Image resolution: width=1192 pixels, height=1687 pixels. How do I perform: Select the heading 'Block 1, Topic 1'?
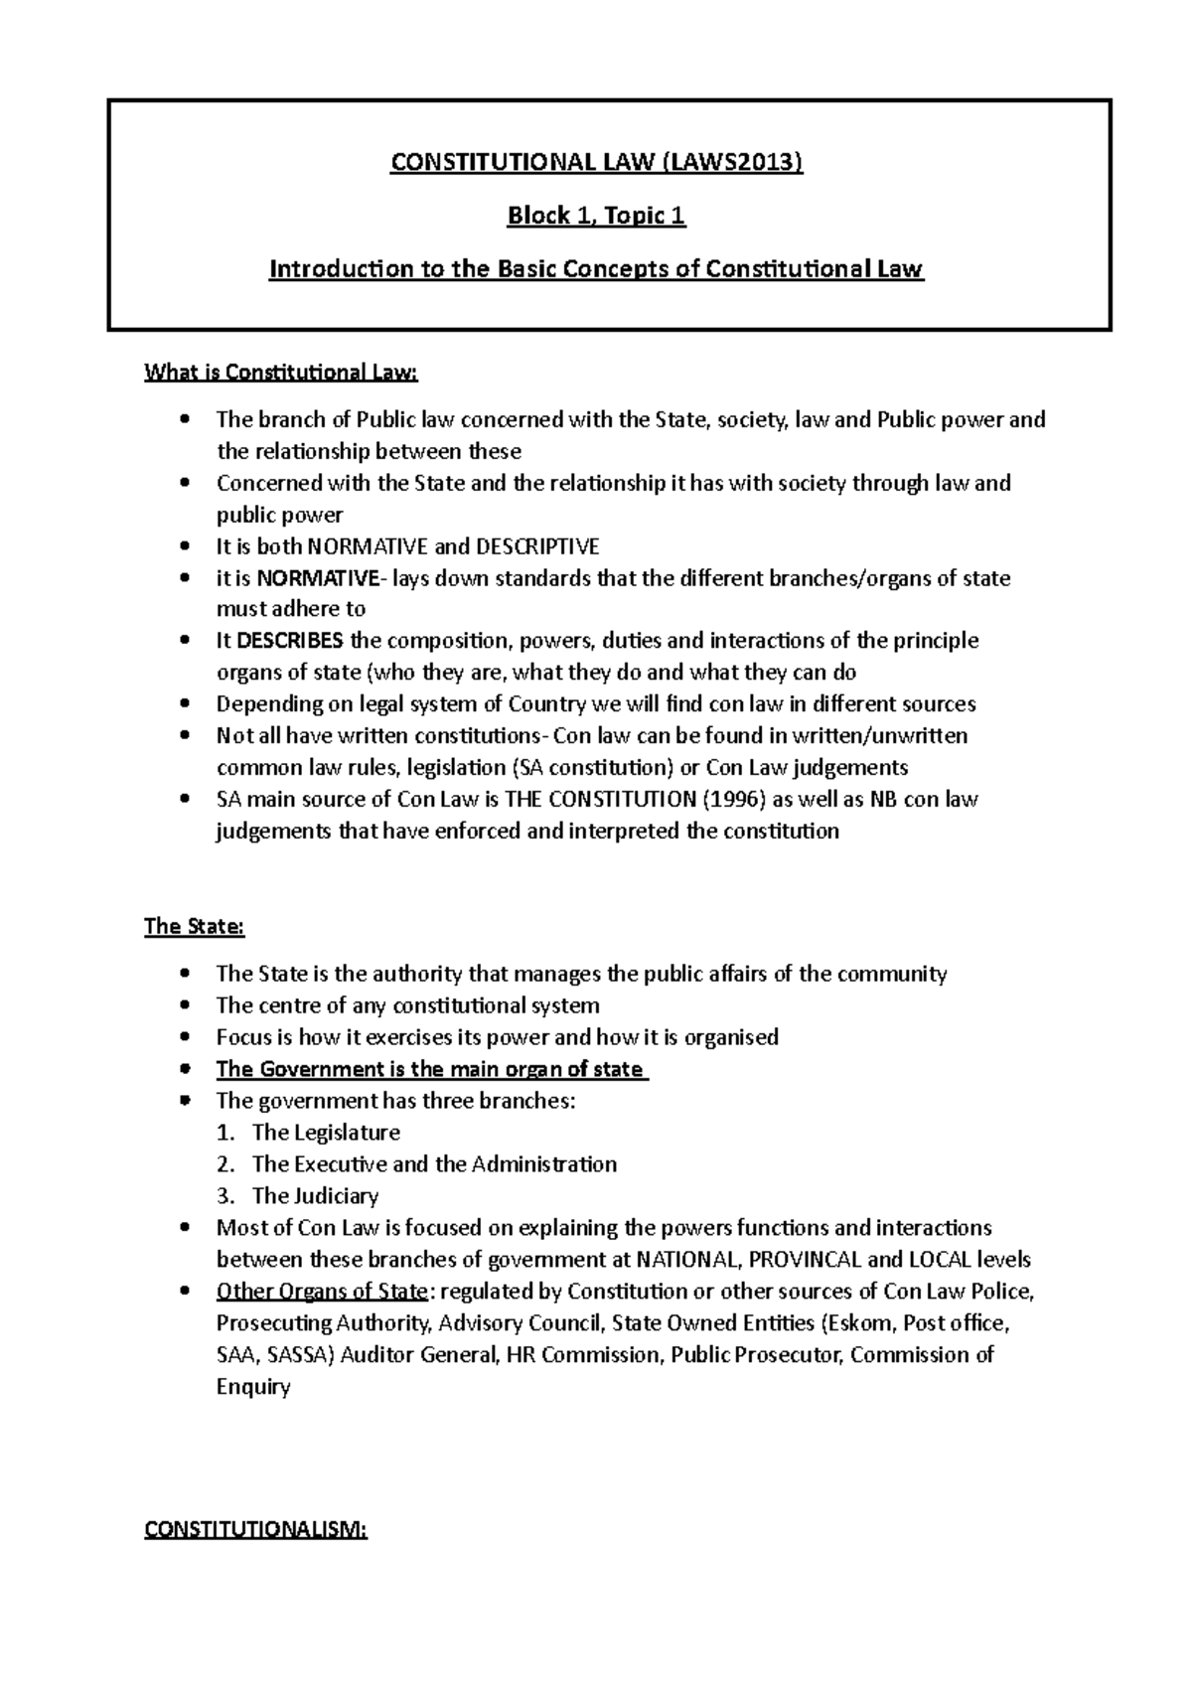click(x=596, y=216)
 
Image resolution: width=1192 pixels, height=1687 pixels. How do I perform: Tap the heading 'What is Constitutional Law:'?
click(x=282, y=373)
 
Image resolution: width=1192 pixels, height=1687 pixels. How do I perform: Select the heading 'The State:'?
click(x=194, y=927)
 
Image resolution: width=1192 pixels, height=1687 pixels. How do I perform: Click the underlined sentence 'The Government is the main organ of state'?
click(x=430, y=1070)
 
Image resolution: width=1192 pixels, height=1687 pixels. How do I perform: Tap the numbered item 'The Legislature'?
click(x=326, y=1133)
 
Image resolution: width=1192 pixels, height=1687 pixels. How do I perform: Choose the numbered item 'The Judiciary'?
click(x=315, y=1196)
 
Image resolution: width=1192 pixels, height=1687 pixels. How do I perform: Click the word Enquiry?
click(x=253, y=1387)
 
